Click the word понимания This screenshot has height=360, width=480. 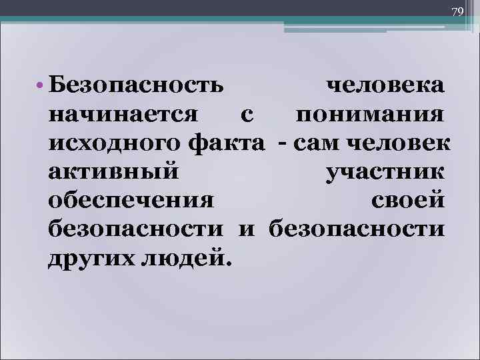(370, 115)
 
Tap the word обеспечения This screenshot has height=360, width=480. (132, 201)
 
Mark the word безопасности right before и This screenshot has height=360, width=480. (137, 229)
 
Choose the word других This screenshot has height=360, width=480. (89, 258)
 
